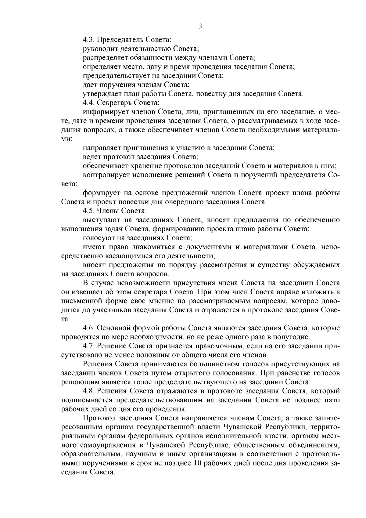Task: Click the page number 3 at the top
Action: point(200,26)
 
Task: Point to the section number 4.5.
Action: point(88,211)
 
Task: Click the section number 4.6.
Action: point(88,328)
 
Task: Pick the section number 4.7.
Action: point(88,346)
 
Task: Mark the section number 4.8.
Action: point(88,392)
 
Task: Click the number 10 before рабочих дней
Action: point(197,464)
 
